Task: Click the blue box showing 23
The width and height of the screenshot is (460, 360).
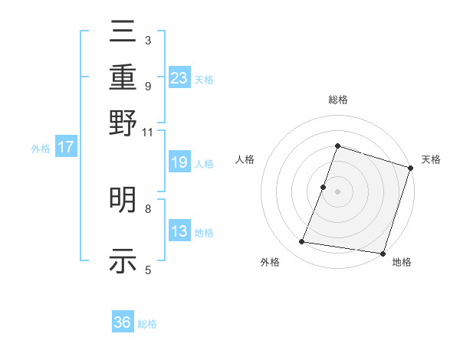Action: (179, 77)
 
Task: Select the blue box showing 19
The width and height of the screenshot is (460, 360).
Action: (179, 162)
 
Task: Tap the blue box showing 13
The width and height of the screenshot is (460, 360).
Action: (179, 231)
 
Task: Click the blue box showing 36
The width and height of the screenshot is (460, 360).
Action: (123, 322)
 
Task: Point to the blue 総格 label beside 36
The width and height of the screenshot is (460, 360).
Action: (147, 324)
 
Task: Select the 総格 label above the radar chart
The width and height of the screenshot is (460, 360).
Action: (337, 100)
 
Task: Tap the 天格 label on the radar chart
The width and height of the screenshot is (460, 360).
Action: (431, 159)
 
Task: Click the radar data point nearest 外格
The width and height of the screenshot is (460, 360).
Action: (302, 242)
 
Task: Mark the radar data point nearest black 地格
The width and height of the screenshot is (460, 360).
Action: (383, 253)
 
